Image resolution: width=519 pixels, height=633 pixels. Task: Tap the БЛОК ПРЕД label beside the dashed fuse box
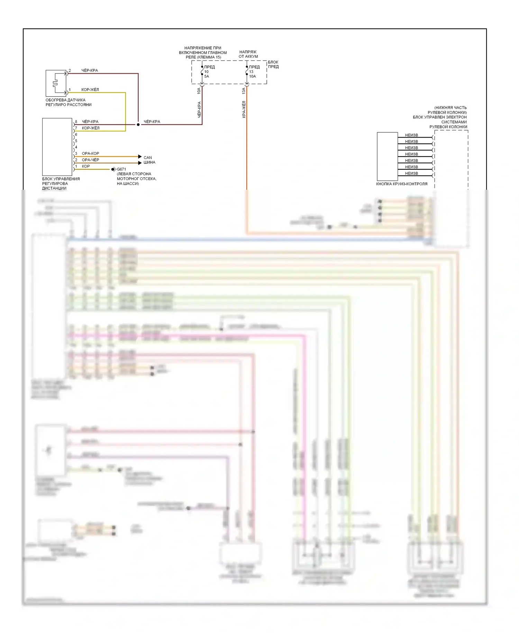pyautogui.click(x=273, y=64)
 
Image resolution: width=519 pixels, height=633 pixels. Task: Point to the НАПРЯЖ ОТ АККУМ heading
pyautogui.click(x=248, y=54)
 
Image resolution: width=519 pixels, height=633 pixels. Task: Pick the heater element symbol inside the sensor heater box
pyautogui.click(x=55, y=83)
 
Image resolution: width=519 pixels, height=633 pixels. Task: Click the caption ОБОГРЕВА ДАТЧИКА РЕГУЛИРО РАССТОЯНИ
pyautogui.click(x=68, y=102)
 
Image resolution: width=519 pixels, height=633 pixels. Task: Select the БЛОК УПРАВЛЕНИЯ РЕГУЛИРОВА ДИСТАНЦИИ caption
pyautogui.click(x=61, y=184)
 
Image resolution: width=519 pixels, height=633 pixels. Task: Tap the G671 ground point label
pyautogui.click(x=121, y=169)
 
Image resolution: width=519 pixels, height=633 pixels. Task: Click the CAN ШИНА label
pyautogui.click(x=149, y=160)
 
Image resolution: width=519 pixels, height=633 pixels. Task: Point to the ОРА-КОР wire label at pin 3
pyautogui.click(x=90, y=153)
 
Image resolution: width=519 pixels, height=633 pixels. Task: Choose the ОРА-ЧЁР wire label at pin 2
pyautogui.click(x=90, y=160)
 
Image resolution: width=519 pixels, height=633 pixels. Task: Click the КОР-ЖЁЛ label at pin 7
pyautogui.click(x=90, y=128)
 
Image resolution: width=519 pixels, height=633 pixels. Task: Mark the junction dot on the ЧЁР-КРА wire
pyautogui.click(x=138, y=124)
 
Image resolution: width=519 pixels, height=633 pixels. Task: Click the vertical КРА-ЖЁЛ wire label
pyautogui.click(x=244, y=109)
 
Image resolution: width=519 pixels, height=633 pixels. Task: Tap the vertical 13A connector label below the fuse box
pyautogui.click(x=244, y=91)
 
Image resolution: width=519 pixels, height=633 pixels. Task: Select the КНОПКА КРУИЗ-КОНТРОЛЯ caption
pyautogui.click(x=401, y=184)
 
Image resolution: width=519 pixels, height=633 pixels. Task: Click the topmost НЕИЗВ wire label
pyautogui.click(x=411, y=135)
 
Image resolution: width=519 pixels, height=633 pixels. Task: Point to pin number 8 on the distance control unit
pyautogui.click(x=76, y=122)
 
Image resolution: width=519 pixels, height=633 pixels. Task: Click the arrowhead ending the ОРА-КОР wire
pyautogui.click(x=140, y=157)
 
